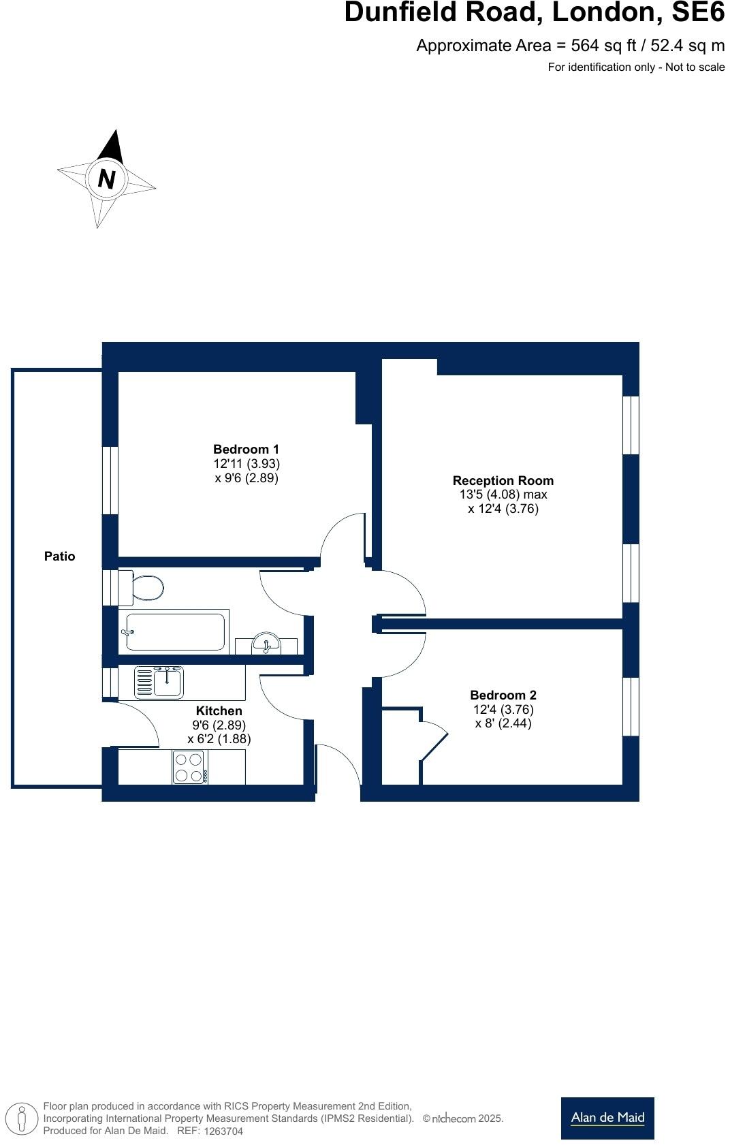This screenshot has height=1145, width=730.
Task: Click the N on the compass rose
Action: tap(106, 179)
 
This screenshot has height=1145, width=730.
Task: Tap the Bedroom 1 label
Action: tap(246, 450)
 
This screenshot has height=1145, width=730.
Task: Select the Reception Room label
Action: tap(503, 481)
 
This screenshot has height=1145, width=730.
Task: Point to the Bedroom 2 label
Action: tap(503, 695)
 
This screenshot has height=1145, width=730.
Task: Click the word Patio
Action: tap(59, 556)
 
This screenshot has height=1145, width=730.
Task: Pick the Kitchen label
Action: tap(219, 711)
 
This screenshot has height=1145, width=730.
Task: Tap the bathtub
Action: tap(175, 632)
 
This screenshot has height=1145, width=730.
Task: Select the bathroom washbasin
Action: tap(266, 644)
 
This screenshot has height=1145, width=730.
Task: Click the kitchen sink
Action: tap(159, 683)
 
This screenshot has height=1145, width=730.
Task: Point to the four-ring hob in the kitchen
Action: tap(189, 767)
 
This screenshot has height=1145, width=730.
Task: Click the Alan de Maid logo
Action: tap(607, 1118)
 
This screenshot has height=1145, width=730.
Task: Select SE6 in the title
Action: tap(698, 12)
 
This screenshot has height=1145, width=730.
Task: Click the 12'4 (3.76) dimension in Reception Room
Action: tap(503, 509)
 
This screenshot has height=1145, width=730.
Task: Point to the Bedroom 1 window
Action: tap(110, 480)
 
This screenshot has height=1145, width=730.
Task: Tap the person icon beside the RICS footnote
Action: tap(22, 1118)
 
